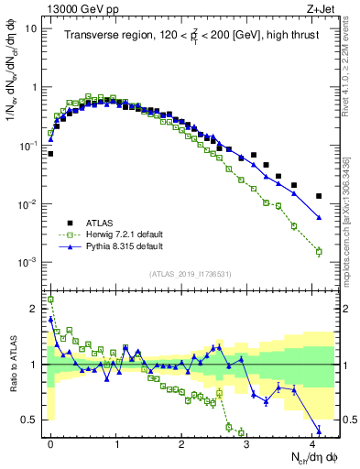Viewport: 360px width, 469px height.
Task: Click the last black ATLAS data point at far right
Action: [319, 196]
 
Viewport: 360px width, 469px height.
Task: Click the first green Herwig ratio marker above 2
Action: [50, 300]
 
